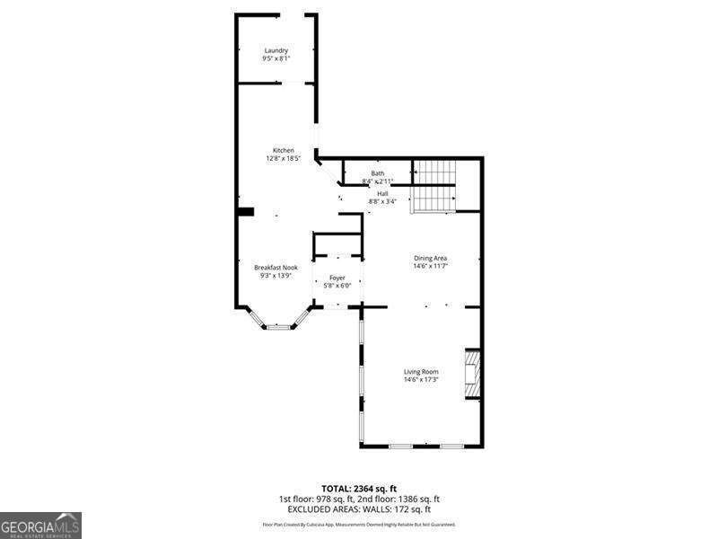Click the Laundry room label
click(276, 50)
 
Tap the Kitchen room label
click(284, 150)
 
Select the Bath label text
click(378, 173)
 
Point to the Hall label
click(382, 193)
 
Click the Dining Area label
click(430, 258)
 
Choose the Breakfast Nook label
click(275, 268)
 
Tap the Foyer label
click(337, 278)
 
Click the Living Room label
click(420, 372)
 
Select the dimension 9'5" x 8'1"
click(276, 58)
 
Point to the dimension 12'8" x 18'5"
click(284, 158)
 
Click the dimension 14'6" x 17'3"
click(420, 380)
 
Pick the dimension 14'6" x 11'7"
click(430, 266)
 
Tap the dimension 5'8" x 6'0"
click(337, 286)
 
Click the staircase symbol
click(434, 186)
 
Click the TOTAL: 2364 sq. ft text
click(358, 489)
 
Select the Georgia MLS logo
click(40, 525)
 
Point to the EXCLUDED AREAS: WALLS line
click(358, 508)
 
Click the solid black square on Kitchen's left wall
click(245, 212)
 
